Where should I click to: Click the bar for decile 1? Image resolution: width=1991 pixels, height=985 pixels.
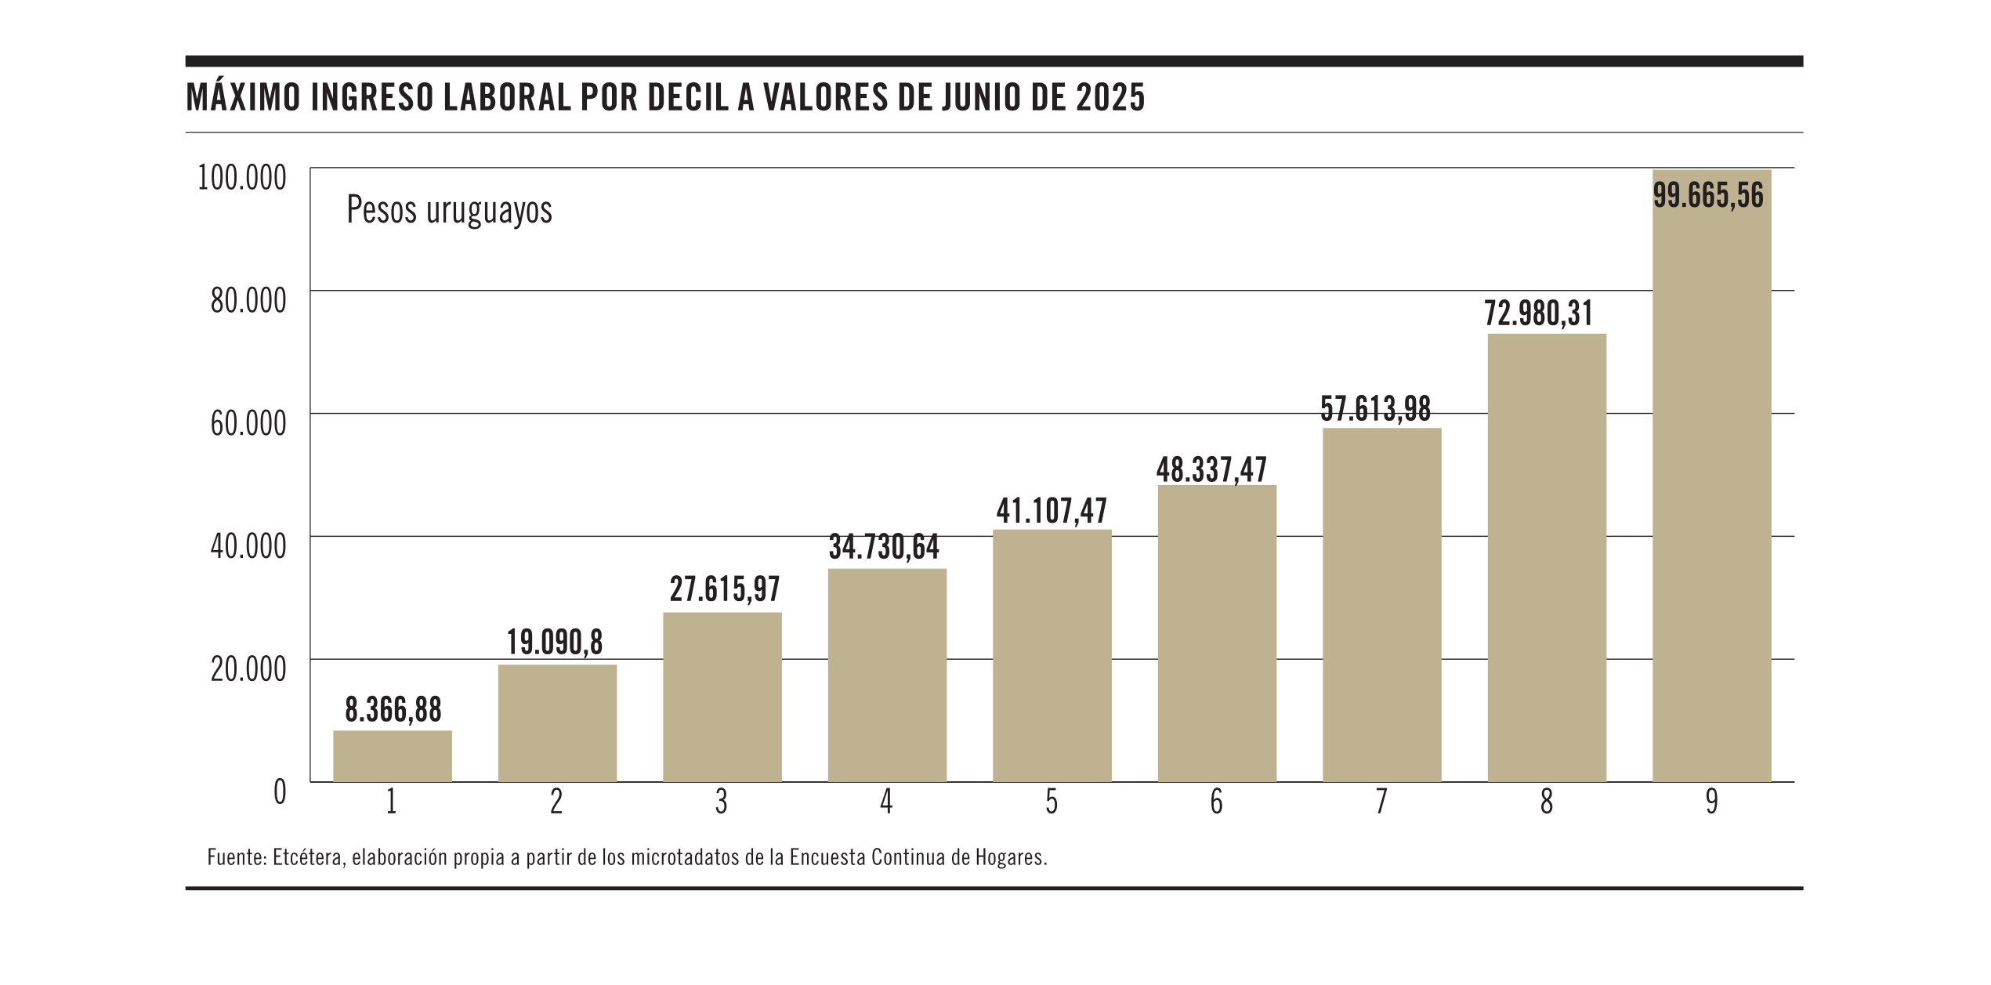pyautogui.click(x=392, y=756)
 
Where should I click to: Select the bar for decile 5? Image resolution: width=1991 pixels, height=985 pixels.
pyautogui.click(x=1052, y=656)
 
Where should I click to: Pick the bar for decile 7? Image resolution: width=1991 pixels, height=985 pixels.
pyautogui.click(x=1381, y=605)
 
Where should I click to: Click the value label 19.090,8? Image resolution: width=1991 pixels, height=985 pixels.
pyautogui.click(x=555, y=643)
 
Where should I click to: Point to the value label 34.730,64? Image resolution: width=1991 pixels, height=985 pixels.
pyautogui.click(x=884, y=547)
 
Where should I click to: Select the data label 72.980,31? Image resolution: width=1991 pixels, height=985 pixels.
pyautogui.click(x=1539, y=313)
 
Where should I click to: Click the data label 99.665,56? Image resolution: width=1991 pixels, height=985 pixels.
pyautogui.click(x=1708, y=195)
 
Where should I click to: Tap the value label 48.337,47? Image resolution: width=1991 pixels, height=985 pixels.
pyautogui.click(x=1211, y=470)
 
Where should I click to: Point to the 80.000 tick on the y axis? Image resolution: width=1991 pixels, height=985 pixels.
pyautogui.click(x=248, y=300)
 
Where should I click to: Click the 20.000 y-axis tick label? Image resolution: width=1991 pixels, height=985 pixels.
pyautogui.click(x=248, y=669)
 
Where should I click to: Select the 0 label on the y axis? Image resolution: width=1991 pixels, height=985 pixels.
pyautogui.click(x=280, y=792)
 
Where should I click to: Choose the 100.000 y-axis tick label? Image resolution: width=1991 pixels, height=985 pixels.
pyautogui.click(x=242, y=178)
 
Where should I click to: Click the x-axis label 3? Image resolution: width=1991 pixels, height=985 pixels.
pyautogui.click(x=721, y=802)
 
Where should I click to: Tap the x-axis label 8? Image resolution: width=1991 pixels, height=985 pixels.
pyautogui.click(x=1547, y=802)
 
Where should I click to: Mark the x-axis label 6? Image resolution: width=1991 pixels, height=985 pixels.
pyautogui.click(x=1216, y=802)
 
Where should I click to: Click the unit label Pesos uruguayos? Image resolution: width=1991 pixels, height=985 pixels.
pyautogui.click(x=449, y=210)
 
